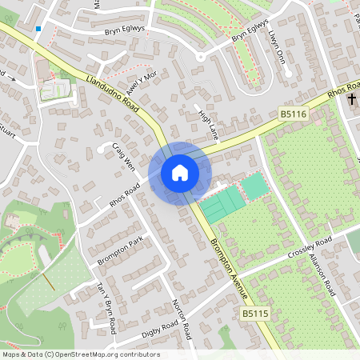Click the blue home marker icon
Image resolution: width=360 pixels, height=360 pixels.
coord(179,173)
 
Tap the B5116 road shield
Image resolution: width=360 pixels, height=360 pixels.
coord(294,116)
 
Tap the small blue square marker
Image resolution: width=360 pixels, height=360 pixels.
coord(38,29)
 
